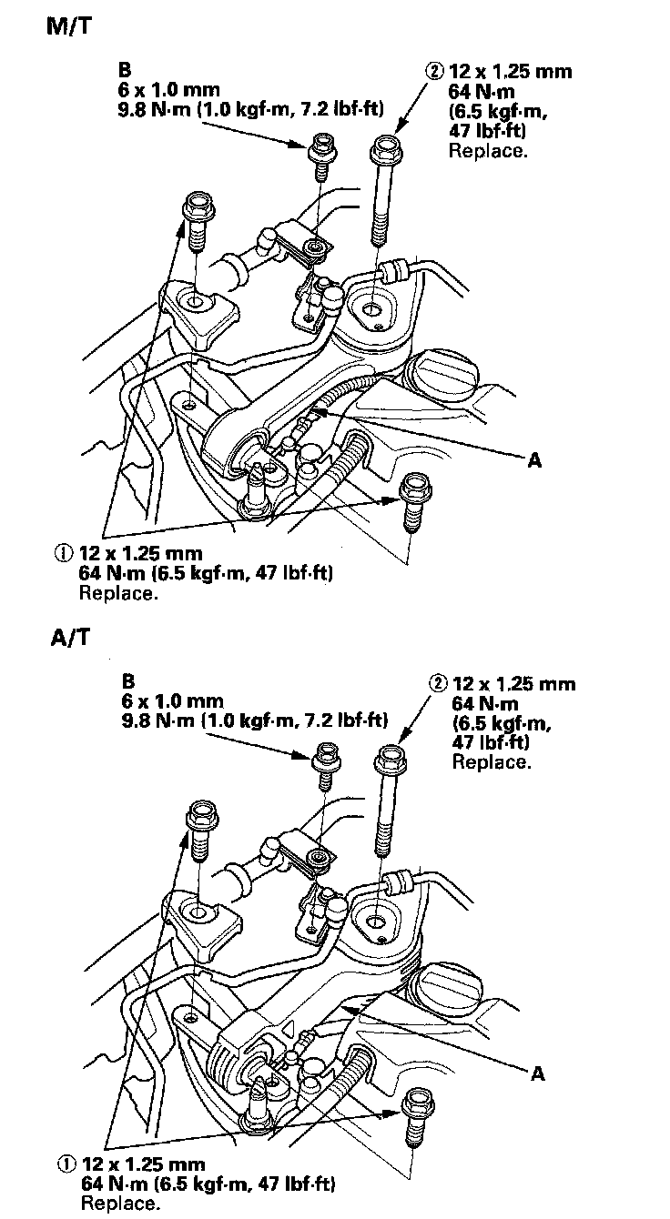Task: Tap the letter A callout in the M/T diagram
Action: click(x=535, y=460)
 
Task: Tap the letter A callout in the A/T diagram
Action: click(x=538, y=1074)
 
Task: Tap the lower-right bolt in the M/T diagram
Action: click(x=414, y=503)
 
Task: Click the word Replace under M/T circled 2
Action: click(x=487, y=150)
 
